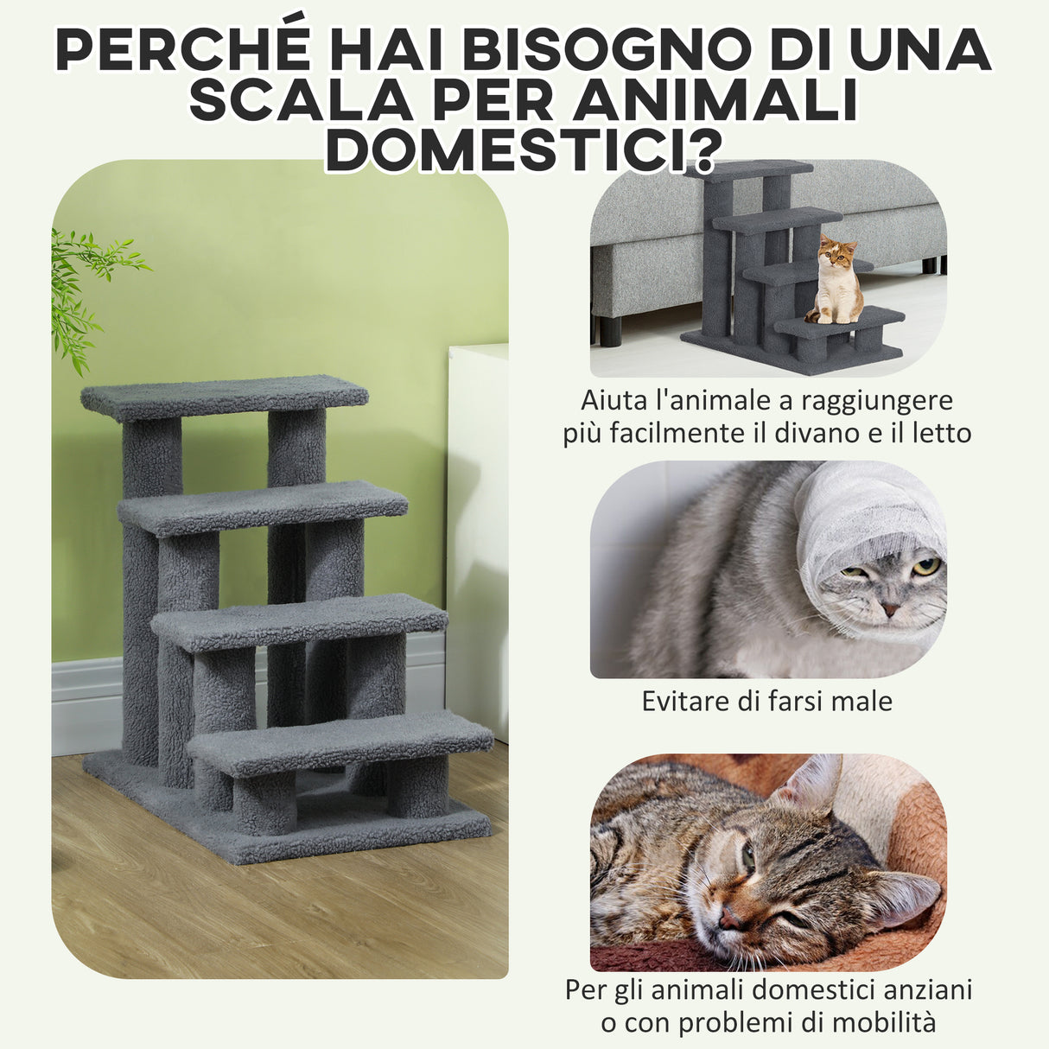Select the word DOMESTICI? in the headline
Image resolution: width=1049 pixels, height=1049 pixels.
(x=522, y=149)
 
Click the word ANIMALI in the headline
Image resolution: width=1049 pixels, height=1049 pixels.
(x=716, y=99)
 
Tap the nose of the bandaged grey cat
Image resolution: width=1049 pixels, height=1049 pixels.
(x=890, y=609)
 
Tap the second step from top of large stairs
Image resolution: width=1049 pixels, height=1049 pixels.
(x=263, y=505)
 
